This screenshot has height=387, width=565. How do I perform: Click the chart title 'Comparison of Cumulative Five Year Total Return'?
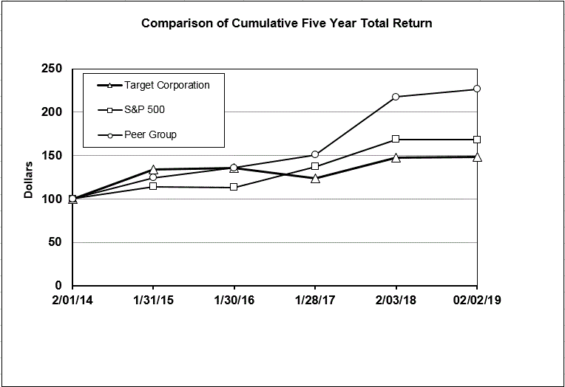(x=287, y=24)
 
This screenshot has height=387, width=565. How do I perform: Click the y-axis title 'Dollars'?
(x=29, y=179)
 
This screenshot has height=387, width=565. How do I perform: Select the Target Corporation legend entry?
(x=166, y=85)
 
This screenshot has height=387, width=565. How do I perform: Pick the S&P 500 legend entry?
(x=144, y=110)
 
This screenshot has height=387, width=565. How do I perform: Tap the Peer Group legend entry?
(x=150, y=134)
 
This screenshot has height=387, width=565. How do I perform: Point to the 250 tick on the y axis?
(x=51, y=69)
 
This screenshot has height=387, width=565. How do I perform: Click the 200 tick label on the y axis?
(x=51, y=112)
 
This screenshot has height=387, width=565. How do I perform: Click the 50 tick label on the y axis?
(x=55, y=242)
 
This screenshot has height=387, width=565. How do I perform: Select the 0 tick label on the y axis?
(x=58, y=286)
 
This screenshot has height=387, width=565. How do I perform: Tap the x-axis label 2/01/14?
(x=72, y=303)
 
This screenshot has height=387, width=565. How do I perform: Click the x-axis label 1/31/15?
(x=153, y=303)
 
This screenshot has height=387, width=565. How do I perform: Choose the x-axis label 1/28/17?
(x=315, y=303)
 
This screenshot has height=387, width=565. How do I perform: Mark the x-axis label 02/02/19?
(x=476, y=303)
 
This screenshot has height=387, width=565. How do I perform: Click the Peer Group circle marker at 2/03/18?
(x=396, y=97)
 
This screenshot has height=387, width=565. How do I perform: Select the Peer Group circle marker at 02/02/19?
(x=477, y=89)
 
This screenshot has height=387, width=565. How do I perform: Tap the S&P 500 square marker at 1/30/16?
(x=234, y=188)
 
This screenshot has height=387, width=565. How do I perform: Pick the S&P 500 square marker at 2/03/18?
(x=396, y=139)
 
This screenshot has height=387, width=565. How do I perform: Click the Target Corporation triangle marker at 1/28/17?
(x=315, y=178)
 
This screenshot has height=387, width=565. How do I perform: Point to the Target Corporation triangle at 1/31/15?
(x=153, y=170)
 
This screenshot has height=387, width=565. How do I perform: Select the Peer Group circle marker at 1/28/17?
(x=315, y=154)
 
